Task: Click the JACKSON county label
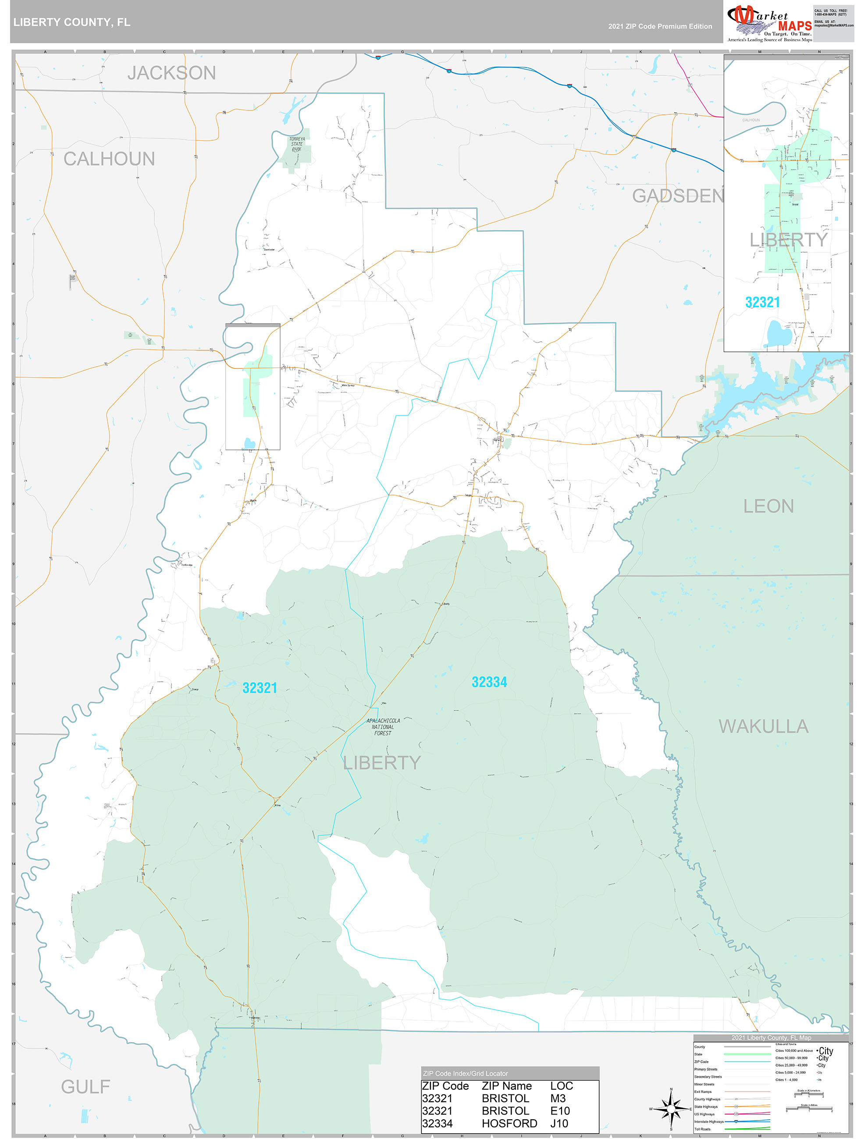pyautogui.click(x=171, y=73)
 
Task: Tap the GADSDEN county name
pyautogui.click(x=677, y=196)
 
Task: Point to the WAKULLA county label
pyautogui.click(x=763, y=726)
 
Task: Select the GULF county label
pyautogui.click(x=85, y=1086)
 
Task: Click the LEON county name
pyautogui.click(x=768, y=506)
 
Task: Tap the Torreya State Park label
pyautogui.click(x=297, y=144)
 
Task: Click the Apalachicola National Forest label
pyautogui.click(x=383, y=726)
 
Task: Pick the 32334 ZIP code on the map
pyautogui.click(x=489, y=682)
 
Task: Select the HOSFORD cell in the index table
pyautogui.click(x=509, y=1123)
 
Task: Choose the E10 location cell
pyautogui.click(x=560, y=1111)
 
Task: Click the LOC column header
pyautogui.click(x=561, y=1086)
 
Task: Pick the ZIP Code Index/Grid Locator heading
pyautogui.click(x=465, y=1073)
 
